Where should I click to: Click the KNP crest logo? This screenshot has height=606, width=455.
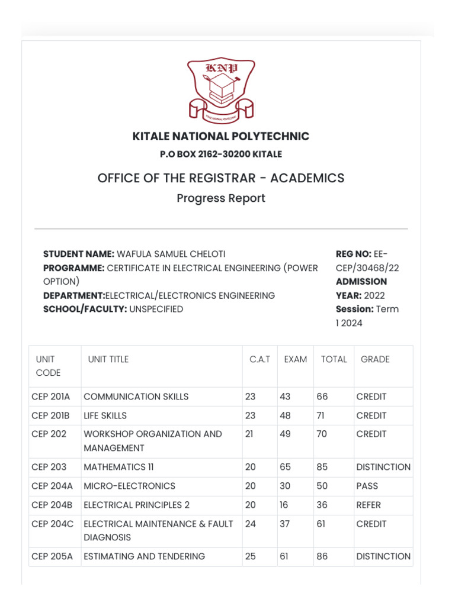tap(220, 90)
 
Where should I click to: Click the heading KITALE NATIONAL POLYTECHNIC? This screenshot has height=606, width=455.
tap(221, 137)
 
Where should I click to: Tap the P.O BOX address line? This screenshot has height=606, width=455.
tap(221, 154)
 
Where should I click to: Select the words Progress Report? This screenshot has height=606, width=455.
tap(221, 198)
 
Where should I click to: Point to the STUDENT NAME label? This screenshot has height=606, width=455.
tap(79, 254)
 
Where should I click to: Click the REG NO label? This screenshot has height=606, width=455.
tap(353, 254)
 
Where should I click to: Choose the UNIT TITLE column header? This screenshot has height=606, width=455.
tap(108, 359)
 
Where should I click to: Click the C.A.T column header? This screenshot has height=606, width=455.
tap(259, 359)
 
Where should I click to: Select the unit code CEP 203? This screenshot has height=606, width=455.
tap(49, 467)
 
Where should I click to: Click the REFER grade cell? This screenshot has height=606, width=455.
tap(369, 505)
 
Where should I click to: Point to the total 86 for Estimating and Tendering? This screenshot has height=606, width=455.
tap(322, 556)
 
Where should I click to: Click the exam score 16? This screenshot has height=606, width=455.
tap(284, 505)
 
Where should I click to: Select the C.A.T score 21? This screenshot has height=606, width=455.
tap(249, 434)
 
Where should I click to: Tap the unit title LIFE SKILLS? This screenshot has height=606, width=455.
tap(105, 415)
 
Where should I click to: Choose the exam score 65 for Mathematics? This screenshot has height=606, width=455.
tap(286, 467)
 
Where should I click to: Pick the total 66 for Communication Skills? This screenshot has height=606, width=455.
tap(322, 397)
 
